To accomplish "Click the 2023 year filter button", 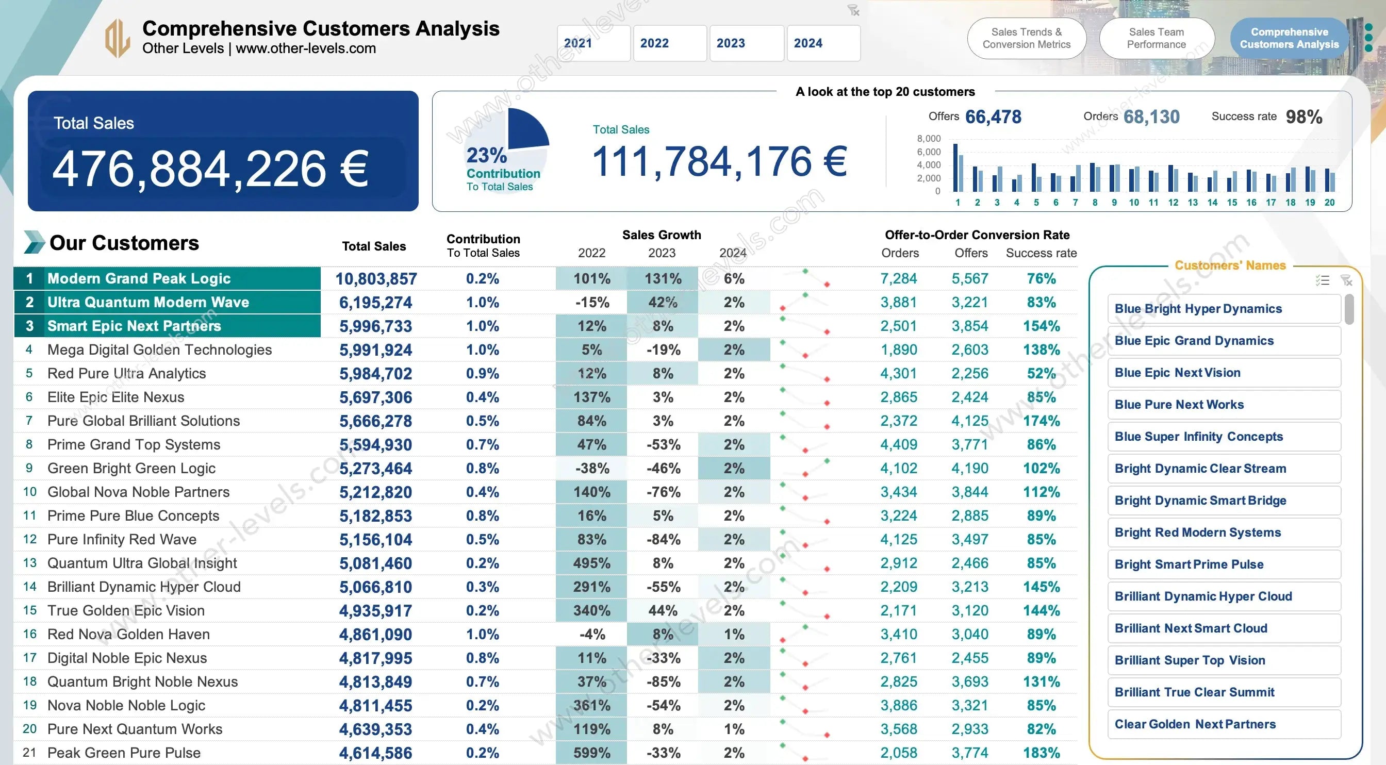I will click(x=746, y=43).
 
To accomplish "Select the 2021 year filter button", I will click(x=593, y=43).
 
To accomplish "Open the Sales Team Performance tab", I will click(x=1156, y=38).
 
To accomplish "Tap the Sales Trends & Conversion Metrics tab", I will click(x=1026, y=38).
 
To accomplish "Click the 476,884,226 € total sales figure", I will click(x=210, y=169).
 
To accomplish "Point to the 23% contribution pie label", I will click(x=486, y=156).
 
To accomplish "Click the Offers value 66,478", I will click(x=993, y=117).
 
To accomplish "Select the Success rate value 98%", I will click(x=1303, y=117).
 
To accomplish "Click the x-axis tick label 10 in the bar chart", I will click(x=1134, y=203).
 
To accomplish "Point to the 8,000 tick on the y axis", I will click(x=929, y=139).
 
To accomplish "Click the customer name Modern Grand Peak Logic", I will click(x=139, y=279).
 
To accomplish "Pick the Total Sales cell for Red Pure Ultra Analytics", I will click(x=375, y=373).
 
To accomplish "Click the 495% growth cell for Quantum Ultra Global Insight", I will click(x=591, y=563).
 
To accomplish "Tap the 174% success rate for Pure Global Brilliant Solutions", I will click(x=1041, y=421).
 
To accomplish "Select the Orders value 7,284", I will click(x=899, y=279).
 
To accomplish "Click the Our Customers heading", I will click(x=124, y=243).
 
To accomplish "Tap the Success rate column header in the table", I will click(x=1041, y=253).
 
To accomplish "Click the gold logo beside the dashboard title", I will click(x=117, y=38).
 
